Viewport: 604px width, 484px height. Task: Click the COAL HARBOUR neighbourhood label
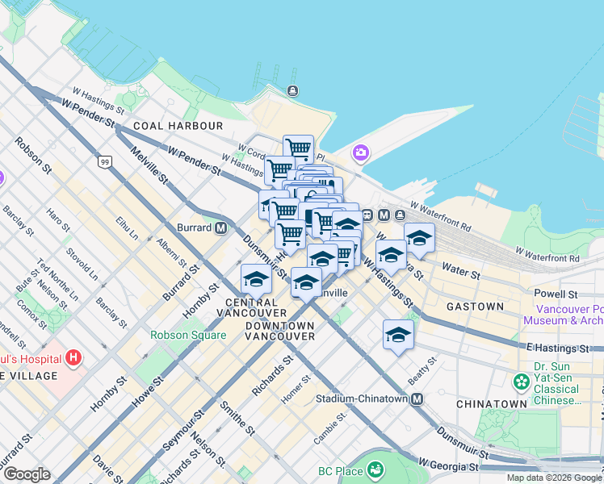click(x=178, y=126)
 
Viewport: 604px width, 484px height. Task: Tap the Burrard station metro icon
click(x=220, y=227)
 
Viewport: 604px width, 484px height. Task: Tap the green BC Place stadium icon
click(x=375, y=469)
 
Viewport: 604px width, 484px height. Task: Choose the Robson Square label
click(x=187, y=336)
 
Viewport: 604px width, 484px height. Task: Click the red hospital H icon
click(x=73, y=357)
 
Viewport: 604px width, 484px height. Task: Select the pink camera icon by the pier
click(x=360, y=152)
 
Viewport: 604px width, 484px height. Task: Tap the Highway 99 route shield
click(x=104, y=162)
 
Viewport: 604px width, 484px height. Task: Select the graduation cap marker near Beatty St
click(x=398, y=332)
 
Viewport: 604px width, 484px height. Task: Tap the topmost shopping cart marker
click(x=298, y=148)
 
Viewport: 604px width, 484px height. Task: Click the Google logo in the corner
click(x=27, y=474)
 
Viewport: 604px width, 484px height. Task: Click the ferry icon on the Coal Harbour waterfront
click(x=292, y=90)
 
